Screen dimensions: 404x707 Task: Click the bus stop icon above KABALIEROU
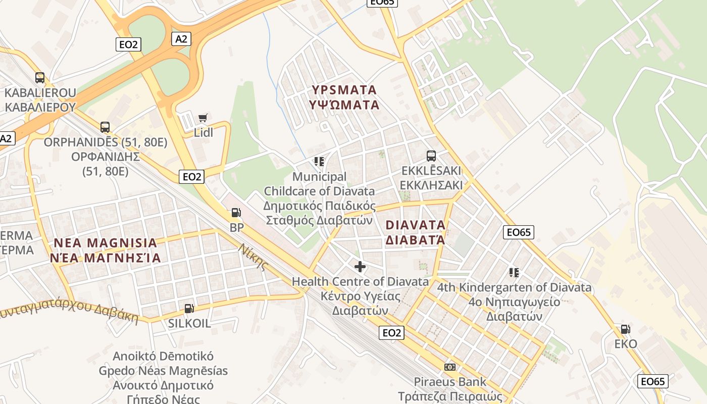(x=40, y=78)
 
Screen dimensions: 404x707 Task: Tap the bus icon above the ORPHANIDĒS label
(x=105, y=127)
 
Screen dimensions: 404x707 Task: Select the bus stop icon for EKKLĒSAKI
(x=431, y=156)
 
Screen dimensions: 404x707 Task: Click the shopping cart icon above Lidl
(x=203, y=118)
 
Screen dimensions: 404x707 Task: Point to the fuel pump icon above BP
(x=236, y=213)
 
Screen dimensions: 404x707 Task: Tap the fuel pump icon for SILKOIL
(x=189, y=309)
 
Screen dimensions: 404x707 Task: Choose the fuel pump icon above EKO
(x=625, y=329)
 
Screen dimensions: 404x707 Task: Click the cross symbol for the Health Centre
(x=360, y=267)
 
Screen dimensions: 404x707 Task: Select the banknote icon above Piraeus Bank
(x=450, y=367)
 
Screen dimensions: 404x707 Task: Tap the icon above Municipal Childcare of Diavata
(x=319, y=162)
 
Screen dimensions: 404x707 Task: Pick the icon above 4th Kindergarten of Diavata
(x=514, y=273)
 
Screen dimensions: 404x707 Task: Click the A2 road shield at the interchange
(x=181, y=39)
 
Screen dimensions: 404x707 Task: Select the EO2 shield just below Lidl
(x=192, y=176)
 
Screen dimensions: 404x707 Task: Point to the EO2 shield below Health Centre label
(x=392, y=332)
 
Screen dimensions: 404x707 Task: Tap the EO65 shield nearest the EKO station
(x=652, y=381)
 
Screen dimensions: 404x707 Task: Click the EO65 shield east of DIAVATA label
(x=519, y=232)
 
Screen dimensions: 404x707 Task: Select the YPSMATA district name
(x=344, y=90)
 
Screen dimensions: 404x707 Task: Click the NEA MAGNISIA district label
(x=106, y=243)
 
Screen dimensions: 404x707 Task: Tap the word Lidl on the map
(x=204, y=133)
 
